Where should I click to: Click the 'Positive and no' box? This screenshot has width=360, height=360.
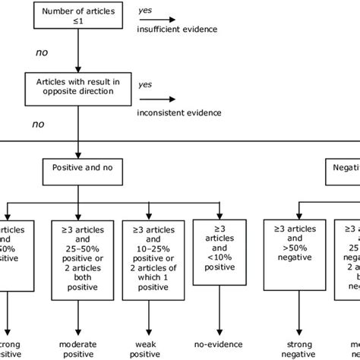tap(77, 166)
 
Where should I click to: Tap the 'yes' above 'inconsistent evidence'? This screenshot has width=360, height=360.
tap(144, 85)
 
